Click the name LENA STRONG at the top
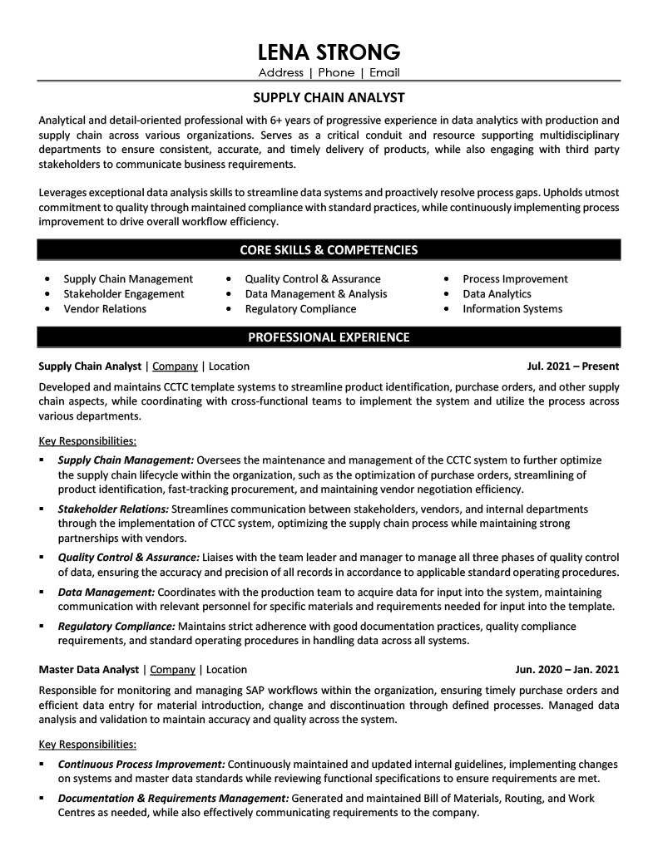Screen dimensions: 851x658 (329, 52)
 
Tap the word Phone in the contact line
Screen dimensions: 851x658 (336, 73)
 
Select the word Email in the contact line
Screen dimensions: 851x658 (384, 73)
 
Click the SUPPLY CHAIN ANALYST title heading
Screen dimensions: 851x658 (329, 97)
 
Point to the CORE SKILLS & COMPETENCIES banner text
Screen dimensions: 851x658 (329, 249)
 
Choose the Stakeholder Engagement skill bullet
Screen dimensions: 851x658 (124, 294)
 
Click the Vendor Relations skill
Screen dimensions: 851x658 (105, 309)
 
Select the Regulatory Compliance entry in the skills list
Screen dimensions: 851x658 (300, 309)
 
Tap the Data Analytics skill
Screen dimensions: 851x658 (497, 294)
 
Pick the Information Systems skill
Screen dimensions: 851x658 (512, 309)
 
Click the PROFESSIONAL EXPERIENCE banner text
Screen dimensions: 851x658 (329, 337)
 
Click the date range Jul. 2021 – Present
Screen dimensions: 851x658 (573, 366)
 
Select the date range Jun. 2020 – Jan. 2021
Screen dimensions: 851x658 (567, 670)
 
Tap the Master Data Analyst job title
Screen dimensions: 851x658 (90, 670)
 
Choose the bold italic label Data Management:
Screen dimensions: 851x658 (106, 592)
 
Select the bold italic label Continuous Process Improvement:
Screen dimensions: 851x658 (141, 764)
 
